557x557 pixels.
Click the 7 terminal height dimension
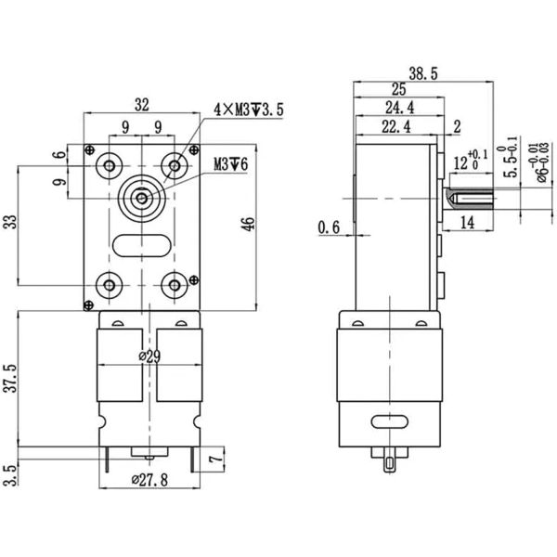tap(215, 460)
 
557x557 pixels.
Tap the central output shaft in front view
tap(141, 197)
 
